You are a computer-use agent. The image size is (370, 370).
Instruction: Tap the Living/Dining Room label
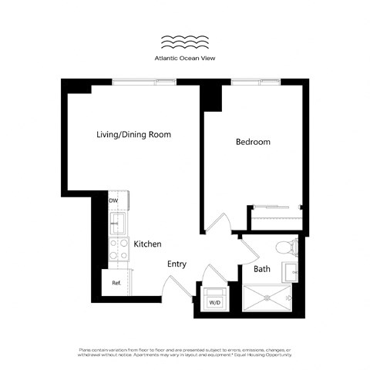tap(133, 135)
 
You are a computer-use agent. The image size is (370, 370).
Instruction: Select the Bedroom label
tap(253, 143)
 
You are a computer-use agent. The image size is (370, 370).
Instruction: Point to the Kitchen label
tap(147, 244)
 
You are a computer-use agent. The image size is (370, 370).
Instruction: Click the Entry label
tap(177, 264)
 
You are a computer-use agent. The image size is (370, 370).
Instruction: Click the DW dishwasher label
tap(113, 201)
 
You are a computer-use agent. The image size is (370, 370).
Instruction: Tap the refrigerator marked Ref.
tap(117, 283)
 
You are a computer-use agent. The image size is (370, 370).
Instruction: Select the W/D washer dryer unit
tap(214, 296)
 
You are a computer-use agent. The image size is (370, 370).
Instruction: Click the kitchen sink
tap(119, 224)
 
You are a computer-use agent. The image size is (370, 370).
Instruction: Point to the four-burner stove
tap(119, 249)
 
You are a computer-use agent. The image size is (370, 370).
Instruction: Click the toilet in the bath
tap(285, 247)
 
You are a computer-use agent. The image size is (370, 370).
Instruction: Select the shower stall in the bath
tap(267, 298)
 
